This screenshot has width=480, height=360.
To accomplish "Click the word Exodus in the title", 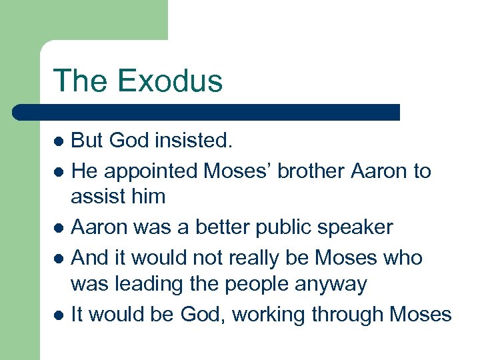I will [x=169, y=81].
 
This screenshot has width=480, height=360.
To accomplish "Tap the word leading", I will [x=145, y=285].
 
